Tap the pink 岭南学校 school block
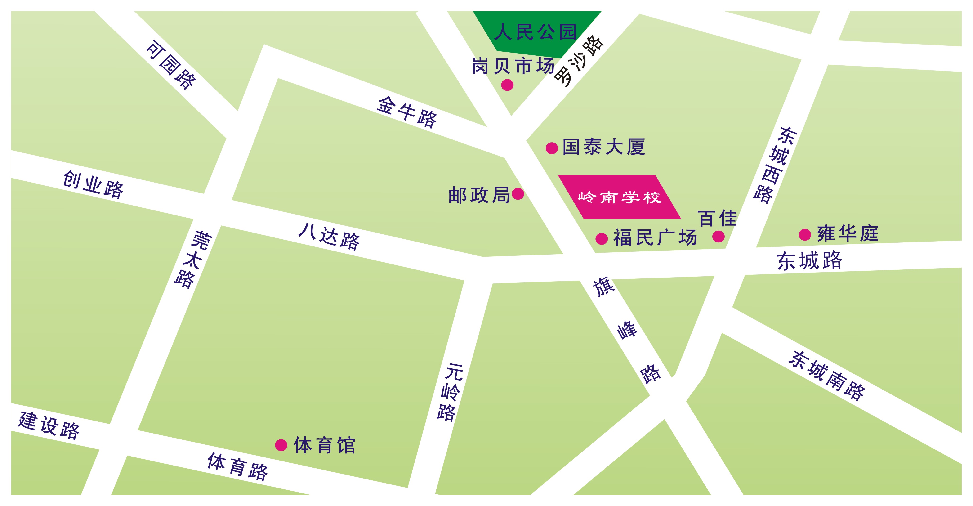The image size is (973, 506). pos(620,197)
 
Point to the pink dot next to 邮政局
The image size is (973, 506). pos(518,194)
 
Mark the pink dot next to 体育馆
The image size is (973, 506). pos(281,445)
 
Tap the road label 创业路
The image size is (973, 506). pos(93,184)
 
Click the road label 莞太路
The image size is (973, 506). pos(193,259)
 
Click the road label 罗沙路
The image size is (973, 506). pos(579,60)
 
